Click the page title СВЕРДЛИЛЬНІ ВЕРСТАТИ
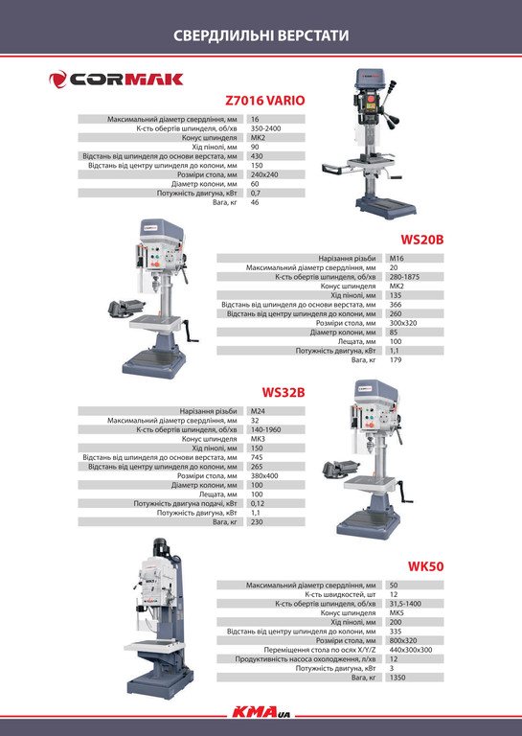(261, 35)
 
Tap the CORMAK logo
(116, 79)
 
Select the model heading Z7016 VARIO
(265, 101)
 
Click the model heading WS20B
(421, 240)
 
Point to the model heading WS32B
(284, 392)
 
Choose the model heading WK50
(425, 566)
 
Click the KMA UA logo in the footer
(261, 713)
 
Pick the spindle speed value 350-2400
(266, 128)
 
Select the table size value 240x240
(264, 174)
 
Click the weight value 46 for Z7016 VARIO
(255, 202)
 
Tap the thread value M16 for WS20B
(397, 258)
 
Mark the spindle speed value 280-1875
(404, 276)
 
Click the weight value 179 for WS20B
(396, 360)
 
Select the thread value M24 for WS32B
(258, 411)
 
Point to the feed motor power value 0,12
(258, 504)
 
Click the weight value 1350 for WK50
(397, 678)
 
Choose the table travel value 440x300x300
(411, 650)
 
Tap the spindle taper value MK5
(397, 613)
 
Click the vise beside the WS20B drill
(125, 308)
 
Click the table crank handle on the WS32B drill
(404, 493)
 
